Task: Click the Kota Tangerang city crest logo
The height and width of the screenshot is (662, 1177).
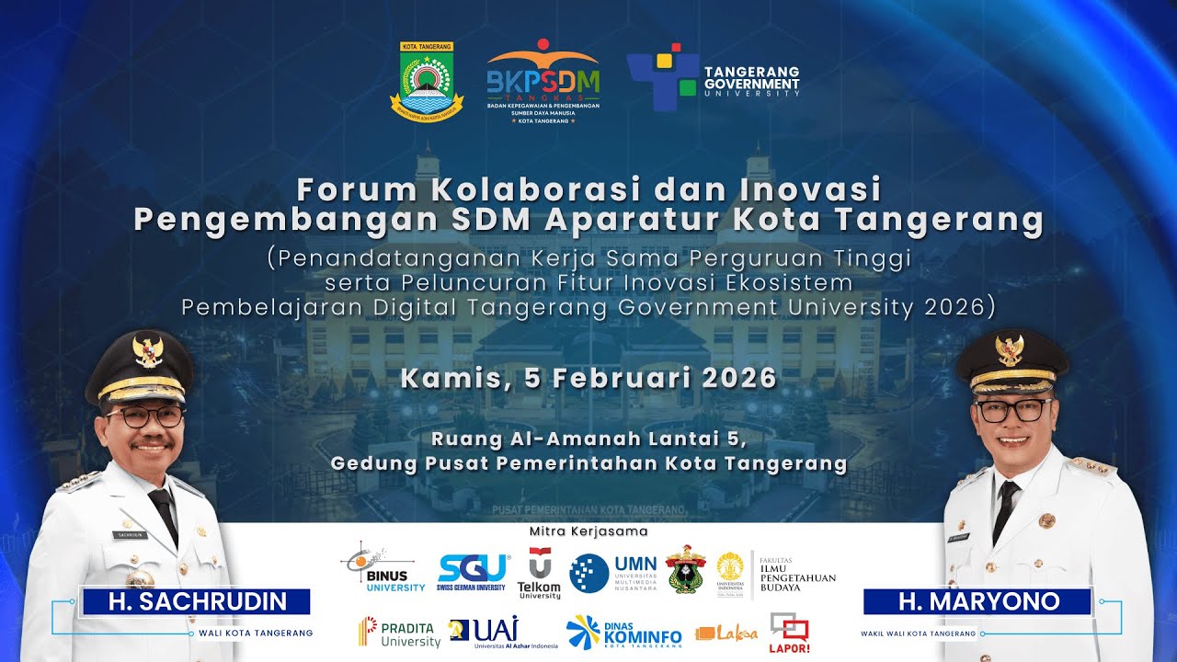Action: point(427,82)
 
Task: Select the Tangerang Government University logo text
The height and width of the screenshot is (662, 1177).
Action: point(751,82)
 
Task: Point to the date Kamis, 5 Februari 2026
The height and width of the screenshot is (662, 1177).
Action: point(588,378)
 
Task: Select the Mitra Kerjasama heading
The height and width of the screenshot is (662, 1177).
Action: point(588,531)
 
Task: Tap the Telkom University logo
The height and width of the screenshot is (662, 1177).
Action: point(539,574)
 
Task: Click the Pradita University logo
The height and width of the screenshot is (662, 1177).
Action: point(400,633)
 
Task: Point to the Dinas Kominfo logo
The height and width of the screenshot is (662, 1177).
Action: point(624,633)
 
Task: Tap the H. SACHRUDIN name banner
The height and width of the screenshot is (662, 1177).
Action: point(195,602)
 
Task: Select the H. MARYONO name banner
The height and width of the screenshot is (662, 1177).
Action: point(977,602)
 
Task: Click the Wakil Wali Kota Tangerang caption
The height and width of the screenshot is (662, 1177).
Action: point(918,633)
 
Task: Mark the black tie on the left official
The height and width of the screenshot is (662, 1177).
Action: point(165,515)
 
